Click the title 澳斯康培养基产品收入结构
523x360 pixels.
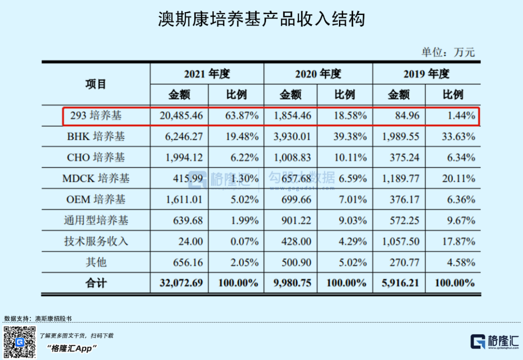261,20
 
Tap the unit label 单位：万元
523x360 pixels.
448,52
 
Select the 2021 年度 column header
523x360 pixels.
207,74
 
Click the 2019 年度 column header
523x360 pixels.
426,74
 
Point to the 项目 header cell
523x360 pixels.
95,84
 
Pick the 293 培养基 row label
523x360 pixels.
96,116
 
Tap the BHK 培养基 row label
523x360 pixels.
96,137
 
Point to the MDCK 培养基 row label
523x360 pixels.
96,179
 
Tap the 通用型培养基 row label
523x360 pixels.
96,220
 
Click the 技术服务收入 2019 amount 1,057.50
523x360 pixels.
400,241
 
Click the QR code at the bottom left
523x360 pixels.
20,342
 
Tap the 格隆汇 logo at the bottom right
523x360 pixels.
494,342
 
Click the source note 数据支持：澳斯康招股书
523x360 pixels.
38,318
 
